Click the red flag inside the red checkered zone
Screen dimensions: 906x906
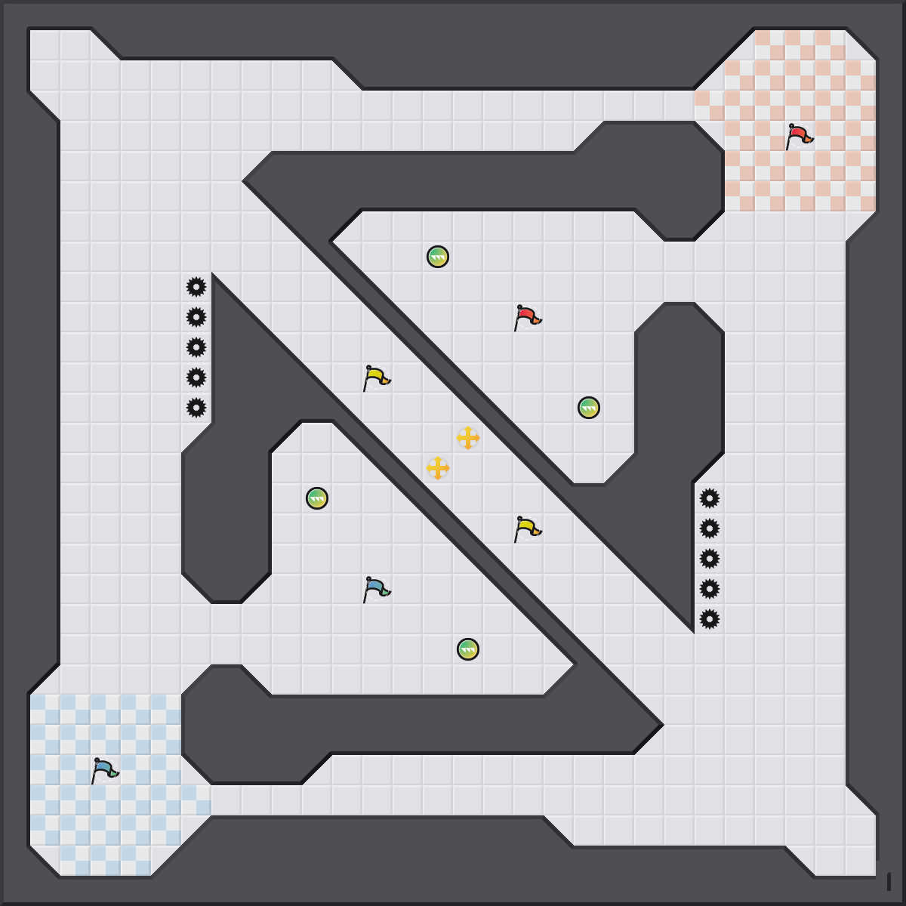[x=799, y=137]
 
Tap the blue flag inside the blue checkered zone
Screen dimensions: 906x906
[x=104, y=771]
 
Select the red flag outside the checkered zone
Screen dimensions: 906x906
[x=527, y=318]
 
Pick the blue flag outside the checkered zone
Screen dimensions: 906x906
[x=376, y=590]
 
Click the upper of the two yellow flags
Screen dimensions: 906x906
[x=376, y=378]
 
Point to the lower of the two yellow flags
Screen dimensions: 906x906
[x=527, y=529]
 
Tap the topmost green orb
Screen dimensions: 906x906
[x=438, y=257]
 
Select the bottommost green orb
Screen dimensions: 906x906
[x=468, y=649]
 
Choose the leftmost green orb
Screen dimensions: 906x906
[x=317, y=498]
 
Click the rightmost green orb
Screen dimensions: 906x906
[x=589, y=408]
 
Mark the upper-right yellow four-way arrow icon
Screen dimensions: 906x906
[x=468, y=438]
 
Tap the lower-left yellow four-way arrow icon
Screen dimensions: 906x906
[x=438, y=468]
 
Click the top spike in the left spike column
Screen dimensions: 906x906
[x=196, y=287]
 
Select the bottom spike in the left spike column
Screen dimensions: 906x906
[x=196, y=408]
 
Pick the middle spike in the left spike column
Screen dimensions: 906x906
[x=196, y=347]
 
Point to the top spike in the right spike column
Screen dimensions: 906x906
[x=710, y=498]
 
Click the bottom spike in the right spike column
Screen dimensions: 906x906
[x=710, y=619]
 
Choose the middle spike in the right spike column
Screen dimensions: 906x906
[x=710, y=559]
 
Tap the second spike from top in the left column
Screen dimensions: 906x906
[x=196, y=317]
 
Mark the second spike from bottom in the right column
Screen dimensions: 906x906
[x=710, y=589]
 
